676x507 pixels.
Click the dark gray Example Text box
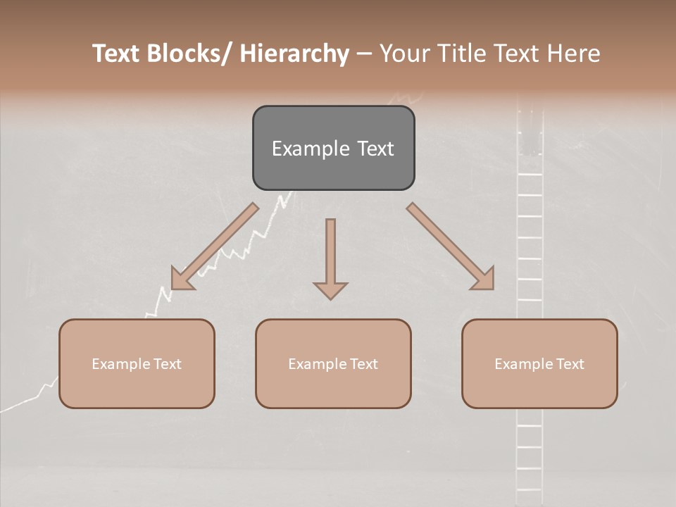coord(333,148)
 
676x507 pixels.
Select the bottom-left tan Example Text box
coord(137,363)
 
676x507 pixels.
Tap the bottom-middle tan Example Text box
coord(333,363)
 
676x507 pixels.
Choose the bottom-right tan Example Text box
coord(539,363)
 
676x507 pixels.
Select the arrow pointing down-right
coord(451,247)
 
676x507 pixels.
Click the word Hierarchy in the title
coord(294,54)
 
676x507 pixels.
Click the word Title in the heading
coord(461,54)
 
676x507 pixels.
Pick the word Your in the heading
coord(403,54)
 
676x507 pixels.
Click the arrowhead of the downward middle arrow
coord(330,289)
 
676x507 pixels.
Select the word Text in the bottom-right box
coord(569,363)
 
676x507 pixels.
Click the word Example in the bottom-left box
coord(121,363)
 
